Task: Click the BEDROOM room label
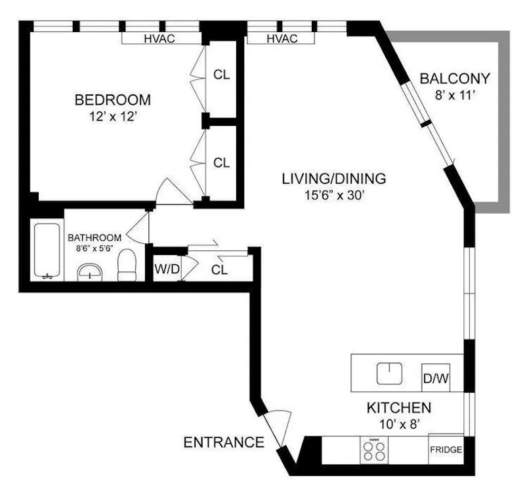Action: (112, 100)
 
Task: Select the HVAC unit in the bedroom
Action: (160, 39)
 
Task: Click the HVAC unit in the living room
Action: (282, 39)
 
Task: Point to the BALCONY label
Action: (455, 79)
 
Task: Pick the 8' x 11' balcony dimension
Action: (455, 95)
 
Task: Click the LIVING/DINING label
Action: (334, 178)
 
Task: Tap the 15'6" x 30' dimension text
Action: (334, 195)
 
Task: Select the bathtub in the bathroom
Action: (47, 251)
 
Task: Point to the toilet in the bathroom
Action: (125, 264)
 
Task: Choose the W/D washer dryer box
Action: (167, 268)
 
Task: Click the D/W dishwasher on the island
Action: (435, 378)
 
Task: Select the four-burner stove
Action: (375, 450)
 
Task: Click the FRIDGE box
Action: (446, 450)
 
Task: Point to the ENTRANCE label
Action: (223, 442)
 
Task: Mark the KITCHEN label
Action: (398, 407)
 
